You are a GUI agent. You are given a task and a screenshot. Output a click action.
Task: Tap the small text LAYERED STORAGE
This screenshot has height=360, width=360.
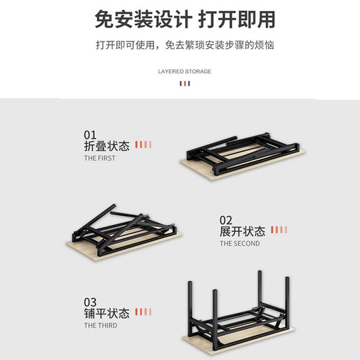pos(184,71)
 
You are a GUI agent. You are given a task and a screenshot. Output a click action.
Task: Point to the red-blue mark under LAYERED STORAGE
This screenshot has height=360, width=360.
pos(184,84)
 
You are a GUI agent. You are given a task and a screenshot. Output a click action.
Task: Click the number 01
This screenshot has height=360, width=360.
pos(90,134)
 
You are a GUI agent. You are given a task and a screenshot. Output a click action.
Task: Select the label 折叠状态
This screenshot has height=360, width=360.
pos(107,146)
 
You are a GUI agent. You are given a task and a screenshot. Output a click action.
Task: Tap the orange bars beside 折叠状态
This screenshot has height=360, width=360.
pos(143,145)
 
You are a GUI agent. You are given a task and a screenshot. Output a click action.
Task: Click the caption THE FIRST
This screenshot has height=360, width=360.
pos(100,159)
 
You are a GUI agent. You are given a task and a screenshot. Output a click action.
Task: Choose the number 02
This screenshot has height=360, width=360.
pos(227,219)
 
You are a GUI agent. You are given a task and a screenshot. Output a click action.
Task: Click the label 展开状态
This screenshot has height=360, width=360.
pos(242,231)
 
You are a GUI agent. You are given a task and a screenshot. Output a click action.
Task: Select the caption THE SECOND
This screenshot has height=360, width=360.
pos(240,244)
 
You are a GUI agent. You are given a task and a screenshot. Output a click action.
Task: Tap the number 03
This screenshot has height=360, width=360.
pos(91,302)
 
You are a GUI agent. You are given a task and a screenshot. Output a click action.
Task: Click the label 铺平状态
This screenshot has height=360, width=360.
pos(107,314)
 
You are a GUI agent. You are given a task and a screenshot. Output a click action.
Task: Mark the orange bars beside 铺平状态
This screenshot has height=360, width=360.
pos(143,312)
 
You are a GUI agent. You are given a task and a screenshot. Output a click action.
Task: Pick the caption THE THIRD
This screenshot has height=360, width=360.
pos(100,325)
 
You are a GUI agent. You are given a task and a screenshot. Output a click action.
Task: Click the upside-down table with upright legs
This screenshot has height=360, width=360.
pos(238,312)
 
